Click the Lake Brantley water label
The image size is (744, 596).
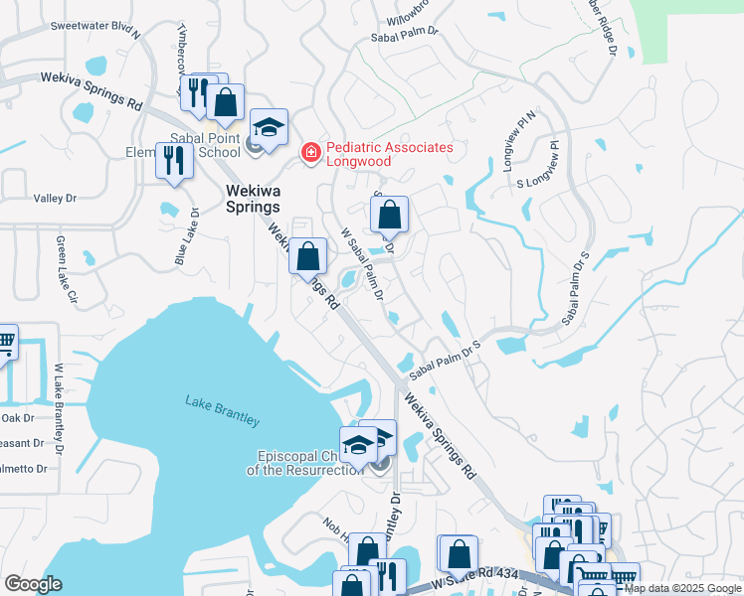pos(223,411)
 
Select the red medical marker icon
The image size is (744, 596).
pos(310,152)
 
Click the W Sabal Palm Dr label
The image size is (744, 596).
pos(361,264)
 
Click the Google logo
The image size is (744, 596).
pos(33,583)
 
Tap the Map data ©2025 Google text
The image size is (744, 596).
pos(682,589)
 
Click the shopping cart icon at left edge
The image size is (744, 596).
pos(5,343)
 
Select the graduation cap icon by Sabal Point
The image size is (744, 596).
pos(269,128)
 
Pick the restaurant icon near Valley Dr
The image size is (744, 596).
pos(175,162)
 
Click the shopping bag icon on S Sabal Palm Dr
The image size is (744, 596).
pos(390,213)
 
